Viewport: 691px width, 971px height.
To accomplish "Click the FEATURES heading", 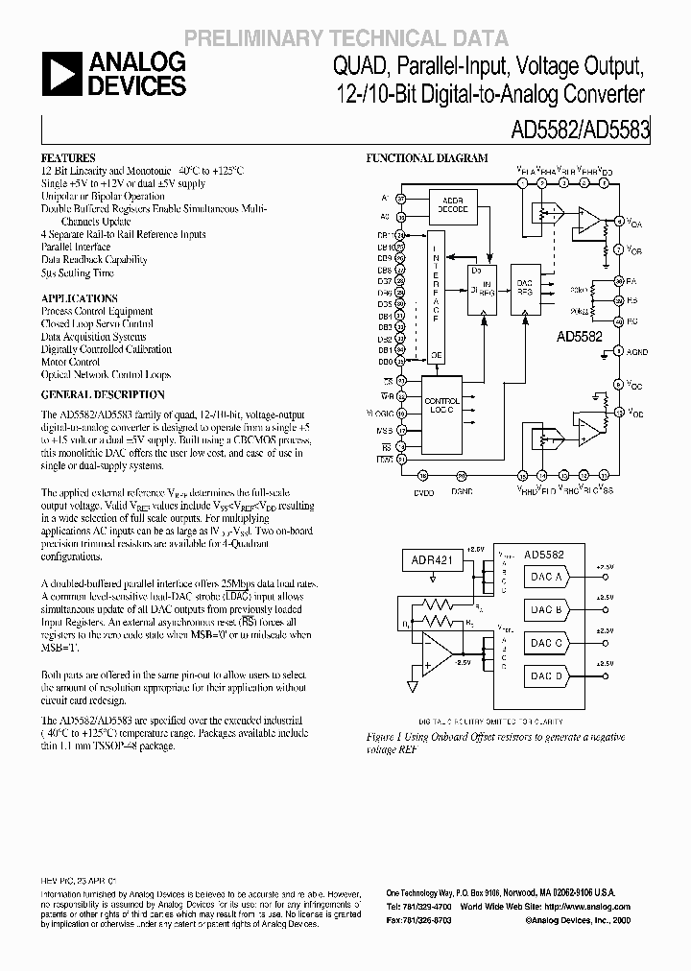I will click(x=68, y=157).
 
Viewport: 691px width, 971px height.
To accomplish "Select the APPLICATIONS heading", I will click(x=80, y=298).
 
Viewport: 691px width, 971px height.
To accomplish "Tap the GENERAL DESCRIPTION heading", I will click(x=103, y=394).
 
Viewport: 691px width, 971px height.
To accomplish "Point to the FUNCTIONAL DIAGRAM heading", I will click(x=428, y=158).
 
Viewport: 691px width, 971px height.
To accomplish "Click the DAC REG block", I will click(x=526, y=293).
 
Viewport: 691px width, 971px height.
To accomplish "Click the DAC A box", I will click(x=547, y=577).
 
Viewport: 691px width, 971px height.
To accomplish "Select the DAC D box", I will click(x=547, y=675).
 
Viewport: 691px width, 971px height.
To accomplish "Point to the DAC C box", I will click(x=547, y=643).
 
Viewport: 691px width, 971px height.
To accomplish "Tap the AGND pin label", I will click(x=637, y=353).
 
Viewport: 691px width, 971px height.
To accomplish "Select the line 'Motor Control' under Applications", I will click(x=71, y=363).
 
